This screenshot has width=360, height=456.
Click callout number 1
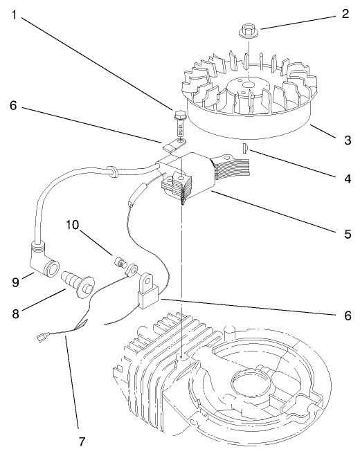tap(15, 15)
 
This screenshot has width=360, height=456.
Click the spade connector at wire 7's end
tap(42, 338)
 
